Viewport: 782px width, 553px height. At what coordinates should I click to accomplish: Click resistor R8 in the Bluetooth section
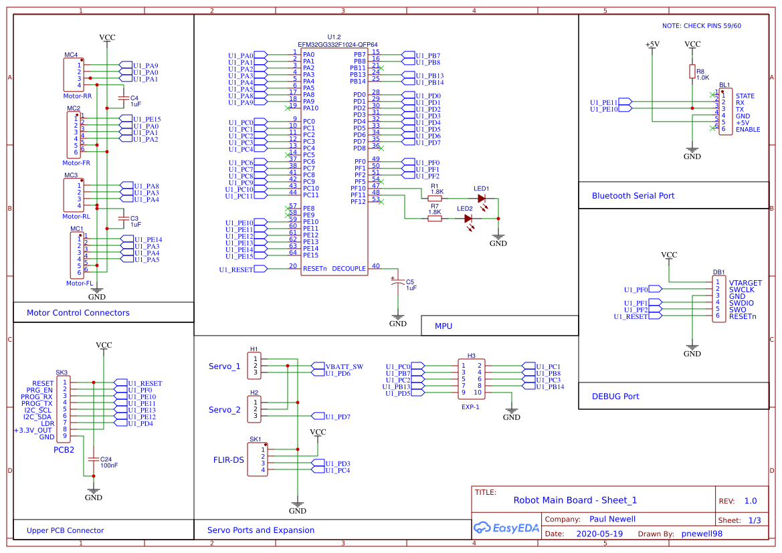click(692, 72)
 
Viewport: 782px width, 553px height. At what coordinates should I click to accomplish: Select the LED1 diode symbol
click(481, 198)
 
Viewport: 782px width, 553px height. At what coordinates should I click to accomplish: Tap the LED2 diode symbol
click(469, 218)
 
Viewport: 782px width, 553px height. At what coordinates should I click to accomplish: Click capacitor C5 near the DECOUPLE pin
click(398, 284)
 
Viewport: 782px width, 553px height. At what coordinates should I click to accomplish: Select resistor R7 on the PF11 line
click(435, 217)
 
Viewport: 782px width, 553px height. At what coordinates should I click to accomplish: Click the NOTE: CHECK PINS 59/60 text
click(701, 26)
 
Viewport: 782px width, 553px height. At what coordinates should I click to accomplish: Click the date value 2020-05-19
click(599, 534)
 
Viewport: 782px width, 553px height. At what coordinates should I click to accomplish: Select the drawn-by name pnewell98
click(702, 534)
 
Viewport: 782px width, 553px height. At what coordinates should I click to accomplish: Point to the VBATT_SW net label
click(344, 366)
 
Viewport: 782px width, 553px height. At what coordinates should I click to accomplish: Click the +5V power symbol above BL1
click(652, 45)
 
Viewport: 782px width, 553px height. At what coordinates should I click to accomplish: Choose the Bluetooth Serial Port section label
click(633, 196)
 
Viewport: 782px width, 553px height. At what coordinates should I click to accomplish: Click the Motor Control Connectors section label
click(78, 312)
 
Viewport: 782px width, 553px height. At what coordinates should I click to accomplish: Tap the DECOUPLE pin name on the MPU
click(349, 269)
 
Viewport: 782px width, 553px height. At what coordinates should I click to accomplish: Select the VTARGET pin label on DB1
click(745, 283)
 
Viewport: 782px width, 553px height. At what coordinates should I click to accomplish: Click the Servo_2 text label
click(224, 410)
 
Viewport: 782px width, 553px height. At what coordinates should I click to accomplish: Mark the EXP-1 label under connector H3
click(470, 406)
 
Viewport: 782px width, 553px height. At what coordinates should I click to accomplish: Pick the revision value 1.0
click(750, 501)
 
